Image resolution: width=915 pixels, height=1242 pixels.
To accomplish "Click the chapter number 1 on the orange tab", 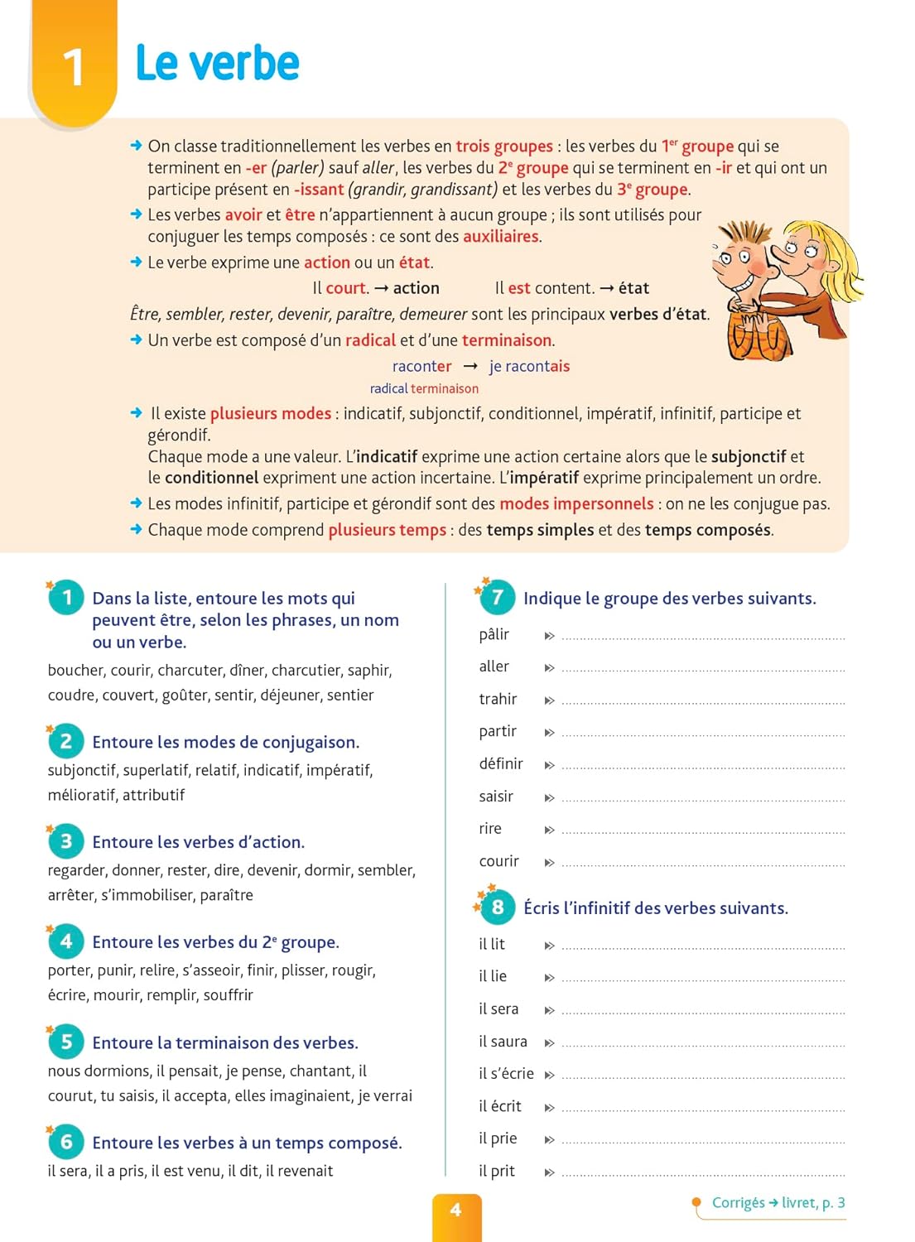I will tap(73, 66).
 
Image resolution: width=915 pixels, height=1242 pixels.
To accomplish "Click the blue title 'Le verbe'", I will tap(217, 63).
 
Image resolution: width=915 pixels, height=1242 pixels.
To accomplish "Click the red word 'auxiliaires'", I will tap(501, 236).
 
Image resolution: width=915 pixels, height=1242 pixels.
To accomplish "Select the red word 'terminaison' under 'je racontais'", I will tap(445, 388).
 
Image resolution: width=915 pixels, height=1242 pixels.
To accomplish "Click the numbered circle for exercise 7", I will tap(497, 597).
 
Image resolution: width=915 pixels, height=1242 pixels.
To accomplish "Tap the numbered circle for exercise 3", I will tap(66, 841).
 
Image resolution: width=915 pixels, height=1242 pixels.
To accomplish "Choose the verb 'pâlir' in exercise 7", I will tap(494, 634).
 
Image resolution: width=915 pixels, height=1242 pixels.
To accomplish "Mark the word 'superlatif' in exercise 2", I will tap(157, 770).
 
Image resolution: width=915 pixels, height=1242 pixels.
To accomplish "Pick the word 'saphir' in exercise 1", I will tap(368, 670).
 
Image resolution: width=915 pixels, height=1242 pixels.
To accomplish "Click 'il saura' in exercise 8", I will tap(503, 1041).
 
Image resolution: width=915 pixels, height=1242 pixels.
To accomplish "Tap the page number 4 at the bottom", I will tap(456, 1210).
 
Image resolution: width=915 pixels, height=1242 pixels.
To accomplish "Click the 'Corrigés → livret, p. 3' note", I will tap(778, 1202).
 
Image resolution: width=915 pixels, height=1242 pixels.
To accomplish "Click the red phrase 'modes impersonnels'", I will tap(576, 503).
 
